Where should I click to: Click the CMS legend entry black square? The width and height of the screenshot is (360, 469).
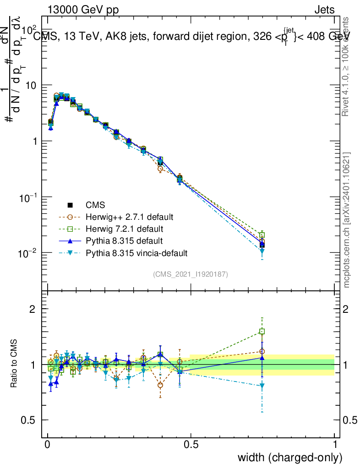point(70,205)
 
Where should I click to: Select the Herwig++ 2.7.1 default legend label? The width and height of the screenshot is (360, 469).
point(129,217)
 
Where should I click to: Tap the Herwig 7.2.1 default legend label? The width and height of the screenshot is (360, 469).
point(125,229)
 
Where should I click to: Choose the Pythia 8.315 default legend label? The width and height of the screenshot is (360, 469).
point(124,240)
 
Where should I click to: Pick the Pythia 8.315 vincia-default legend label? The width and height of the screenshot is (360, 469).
point(136,252)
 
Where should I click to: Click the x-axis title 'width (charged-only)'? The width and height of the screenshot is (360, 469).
point(290,458)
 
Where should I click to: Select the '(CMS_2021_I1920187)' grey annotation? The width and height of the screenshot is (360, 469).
point(191,274)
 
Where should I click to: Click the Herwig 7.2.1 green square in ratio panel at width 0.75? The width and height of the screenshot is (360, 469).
point(262,331)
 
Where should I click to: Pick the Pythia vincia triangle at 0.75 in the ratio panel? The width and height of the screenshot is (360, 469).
point(262,386)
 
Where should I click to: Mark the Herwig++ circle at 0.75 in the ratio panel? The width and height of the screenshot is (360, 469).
point(262,352)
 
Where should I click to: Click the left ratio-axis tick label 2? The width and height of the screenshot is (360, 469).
point(33,309)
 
